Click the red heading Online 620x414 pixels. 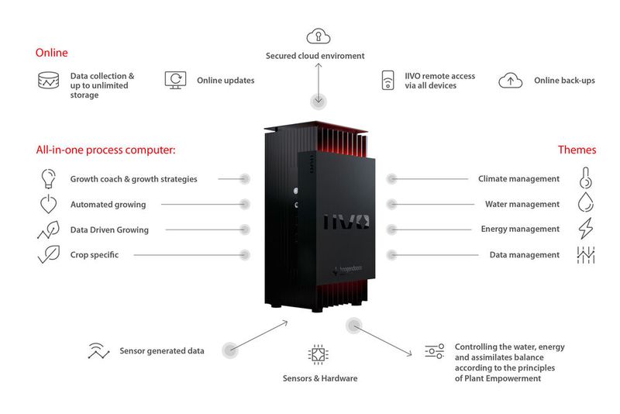[51, 53]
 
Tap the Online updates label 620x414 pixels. [226, 80]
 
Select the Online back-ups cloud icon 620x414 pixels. [510, 80]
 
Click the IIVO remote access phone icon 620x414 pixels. [388, 81]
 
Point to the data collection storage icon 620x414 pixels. [48, 80]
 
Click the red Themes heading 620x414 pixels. [577, 150]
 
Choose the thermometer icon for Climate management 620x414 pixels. [585, 178]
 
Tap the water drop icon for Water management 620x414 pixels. [585, 204]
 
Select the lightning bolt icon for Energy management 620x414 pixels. [585, 229]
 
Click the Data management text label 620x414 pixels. [524, 254]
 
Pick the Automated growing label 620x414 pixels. [108, 205]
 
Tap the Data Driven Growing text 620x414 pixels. [109, 229]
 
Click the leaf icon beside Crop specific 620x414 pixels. [48, 254]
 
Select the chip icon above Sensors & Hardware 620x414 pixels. [318, 355]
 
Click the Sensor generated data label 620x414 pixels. [162, 350]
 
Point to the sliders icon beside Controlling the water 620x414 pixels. [434, 351]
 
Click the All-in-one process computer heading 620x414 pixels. [105, 150]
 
